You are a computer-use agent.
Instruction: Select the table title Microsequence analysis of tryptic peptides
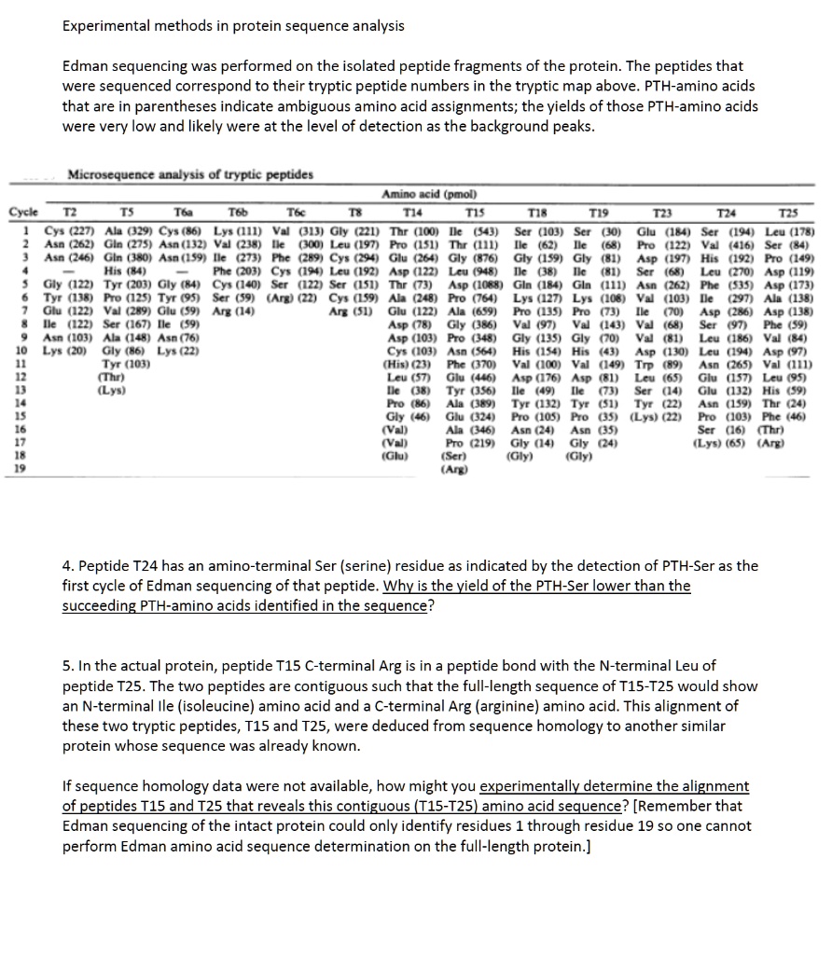pos(191,175)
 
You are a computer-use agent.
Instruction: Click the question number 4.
pos(67,566)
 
